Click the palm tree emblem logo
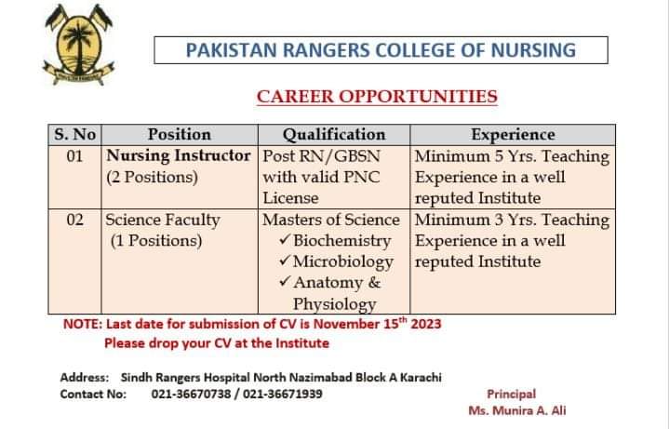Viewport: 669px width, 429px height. (x=78, y=45)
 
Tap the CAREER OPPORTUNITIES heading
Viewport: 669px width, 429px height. (x=377, y=97)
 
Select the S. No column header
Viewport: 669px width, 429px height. (x=74, y=134)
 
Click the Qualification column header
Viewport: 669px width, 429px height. (x=334, y=134)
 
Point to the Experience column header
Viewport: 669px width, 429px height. (x=513, y=134)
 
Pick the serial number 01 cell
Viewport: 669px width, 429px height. (x=74, y=155)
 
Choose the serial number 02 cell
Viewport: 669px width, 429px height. (x=74, y=220)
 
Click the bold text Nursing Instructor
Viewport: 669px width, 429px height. (x=179, y=155)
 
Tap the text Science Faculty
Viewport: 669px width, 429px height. (x=163, y=220)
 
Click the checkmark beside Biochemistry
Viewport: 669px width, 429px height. (x=285, y=239)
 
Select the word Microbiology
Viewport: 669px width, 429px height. (x=343, y=261)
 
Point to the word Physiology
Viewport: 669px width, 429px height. (x=335, y=304)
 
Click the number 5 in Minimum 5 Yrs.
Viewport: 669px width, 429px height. (x=499, y=155)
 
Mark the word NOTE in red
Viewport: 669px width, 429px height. (x=83, y=324)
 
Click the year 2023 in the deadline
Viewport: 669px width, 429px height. (x=426, y=324)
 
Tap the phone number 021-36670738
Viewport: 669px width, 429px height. (x=191, y=394)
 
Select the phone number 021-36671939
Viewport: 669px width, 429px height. (x=283, y=394)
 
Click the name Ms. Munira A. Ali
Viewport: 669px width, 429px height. (x=517, y=410)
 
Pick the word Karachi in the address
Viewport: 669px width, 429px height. (x=421, y=377)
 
